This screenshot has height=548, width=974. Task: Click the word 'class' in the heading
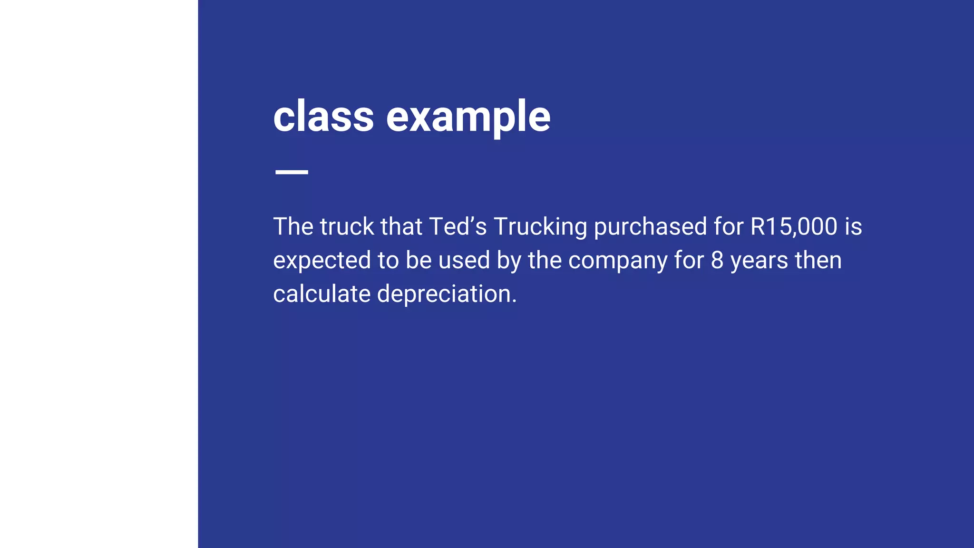click(323, 116)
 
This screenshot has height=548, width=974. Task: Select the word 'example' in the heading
click(468, 117)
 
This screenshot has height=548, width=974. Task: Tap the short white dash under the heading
click(292, 172)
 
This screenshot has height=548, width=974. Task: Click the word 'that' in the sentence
click(401, 226)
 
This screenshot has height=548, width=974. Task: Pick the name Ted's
click(458, 226)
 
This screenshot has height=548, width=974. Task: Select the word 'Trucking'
click(540, 227)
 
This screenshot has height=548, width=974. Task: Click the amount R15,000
click(793, 226)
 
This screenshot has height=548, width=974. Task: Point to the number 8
click(717, 260)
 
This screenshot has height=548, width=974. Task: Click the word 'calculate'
click(322, 294)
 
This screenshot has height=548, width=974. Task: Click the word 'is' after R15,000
click(853, 226)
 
